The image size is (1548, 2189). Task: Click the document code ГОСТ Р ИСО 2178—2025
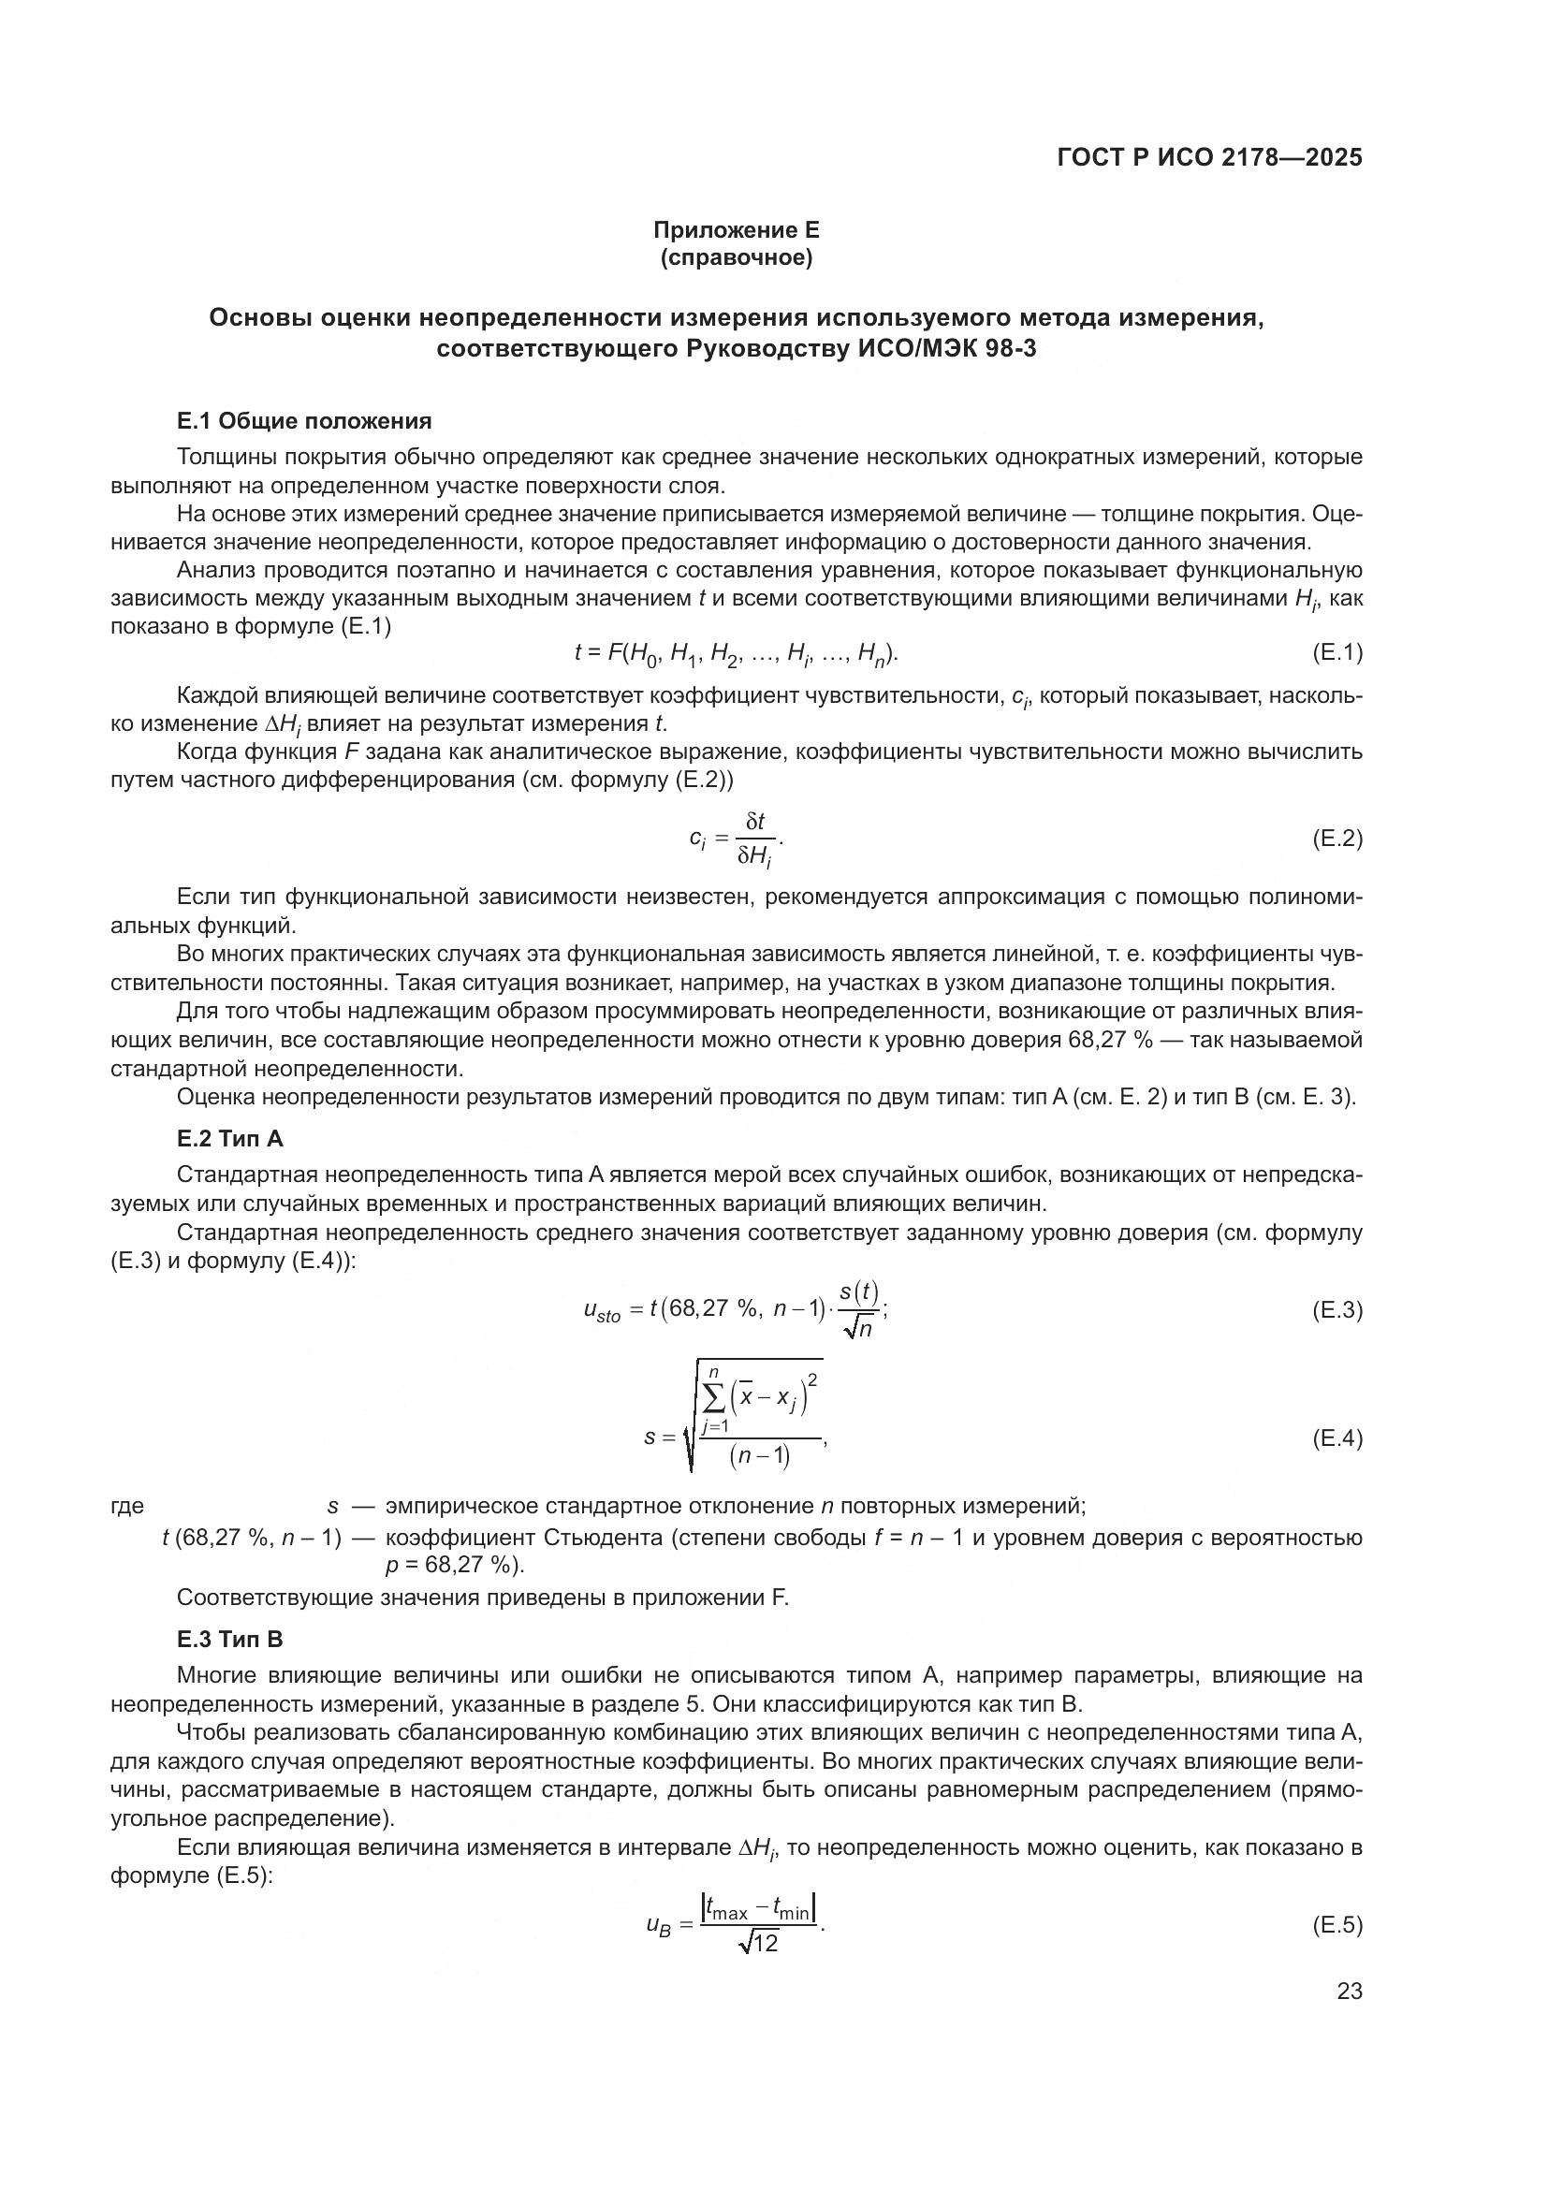[x=1208, y=158]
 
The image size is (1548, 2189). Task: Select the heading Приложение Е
[x=736, y=230]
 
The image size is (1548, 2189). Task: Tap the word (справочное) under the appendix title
[x=736, y=258]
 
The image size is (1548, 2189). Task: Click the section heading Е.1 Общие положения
[x=304, y=420]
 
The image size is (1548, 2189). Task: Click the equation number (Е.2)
[x=1337, y=838]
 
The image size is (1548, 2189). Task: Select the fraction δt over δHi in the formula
[x=755, y=839]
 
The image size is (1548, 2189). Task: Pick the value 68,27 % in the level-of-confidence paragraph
[x=1105, y=1039]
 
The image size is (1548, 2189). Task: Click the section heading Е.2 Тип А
[x=229, y=1138]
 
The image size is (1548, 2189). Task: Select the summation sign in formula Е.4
[x=713, y=1397]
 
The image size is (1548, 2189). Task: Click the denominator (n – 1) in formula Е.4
[x=760, y=1457]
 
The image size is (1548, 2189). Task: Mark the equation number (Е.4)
[x=1337, y=1437]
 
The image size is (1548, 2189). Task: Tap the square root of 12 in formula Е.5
[x=759, y=1942]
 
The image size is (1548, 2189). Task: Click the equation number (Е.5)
[x=1337, y=1924]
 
